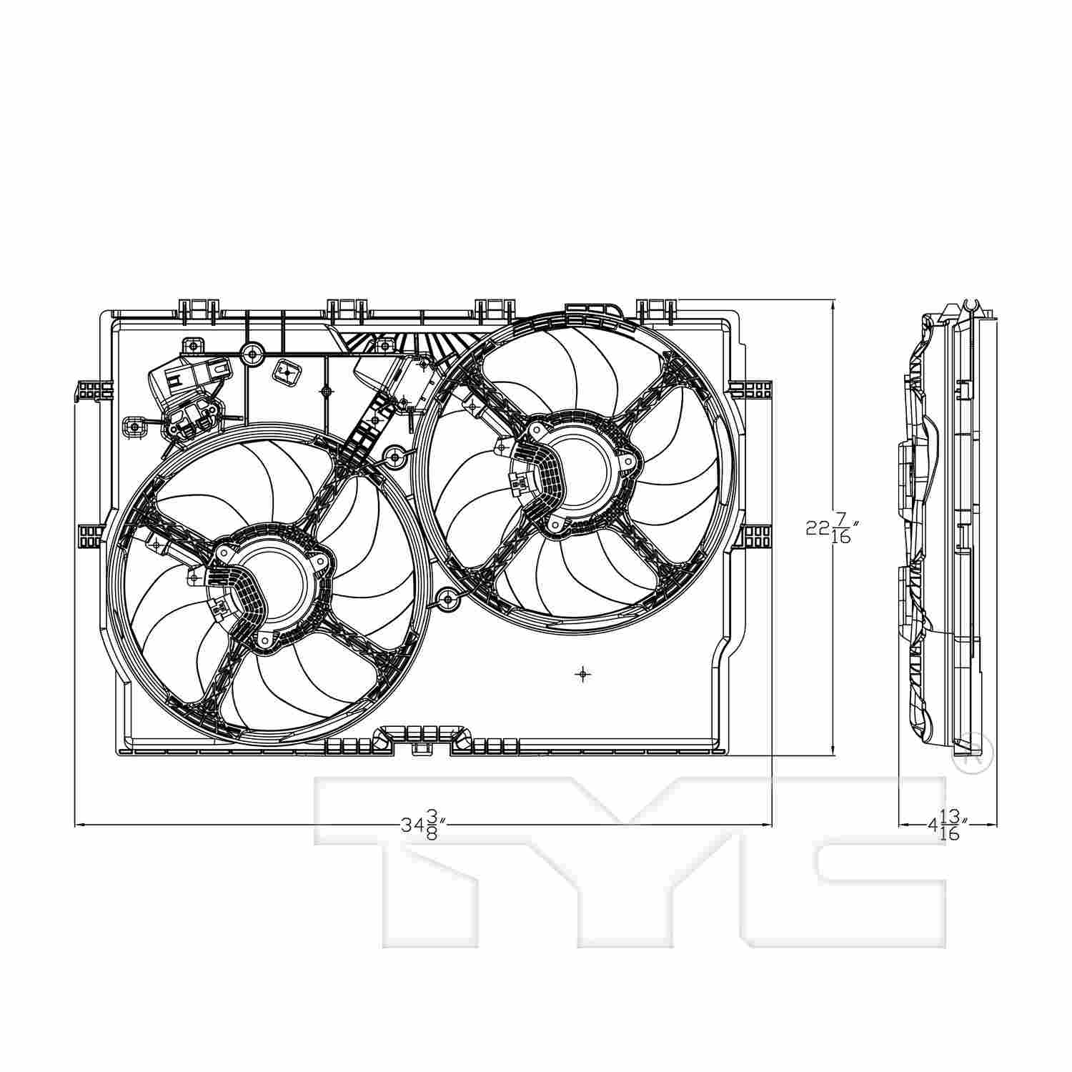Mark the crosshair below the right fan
(584, 673)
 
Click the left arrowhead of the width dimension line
(79, 825)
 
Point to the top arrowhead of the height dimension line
(833, 304)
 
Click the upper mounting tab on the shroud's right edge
(750, 390)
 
